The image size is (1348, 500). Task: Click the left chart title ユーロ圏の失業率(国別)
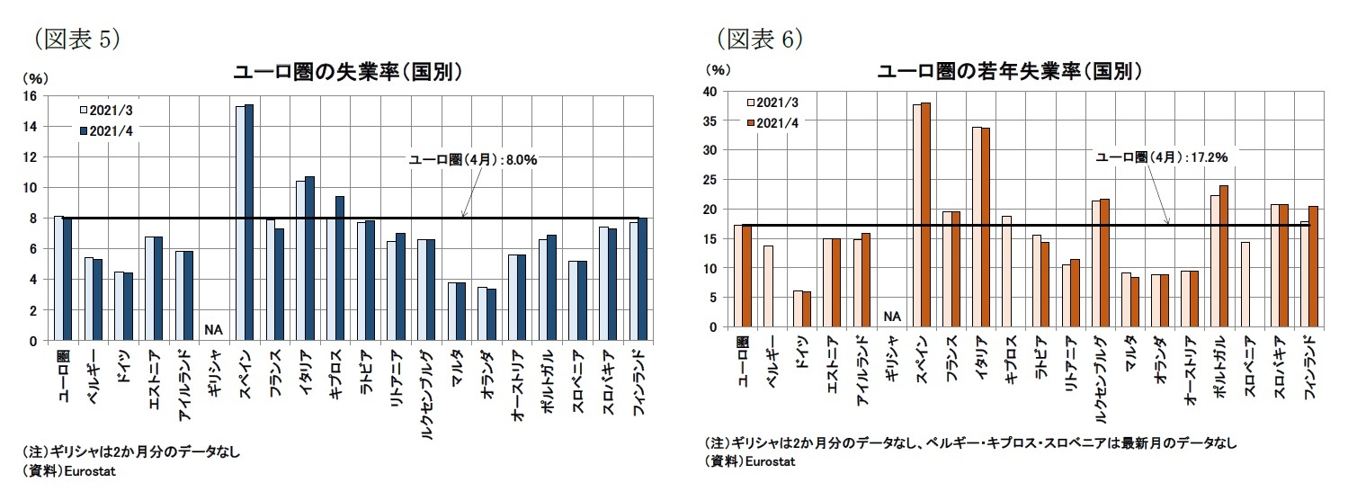(348, 72)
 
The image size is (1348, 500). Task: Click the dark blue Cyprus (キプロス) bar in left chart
(340, 268)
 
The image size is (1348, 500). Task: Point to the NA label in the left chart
(213, 329)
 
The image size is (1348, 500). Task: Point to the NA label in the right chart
(892, 316)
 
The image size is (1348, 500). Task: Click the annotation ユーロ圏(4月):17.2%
(1161, 156)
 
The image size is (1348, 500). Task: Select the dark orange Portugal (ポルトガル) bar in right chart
(1223, 256)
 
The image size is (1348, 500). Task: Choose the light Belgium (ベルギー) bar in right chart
(768, 286)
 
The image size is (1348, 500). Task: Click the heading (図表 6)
(759, 39)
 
